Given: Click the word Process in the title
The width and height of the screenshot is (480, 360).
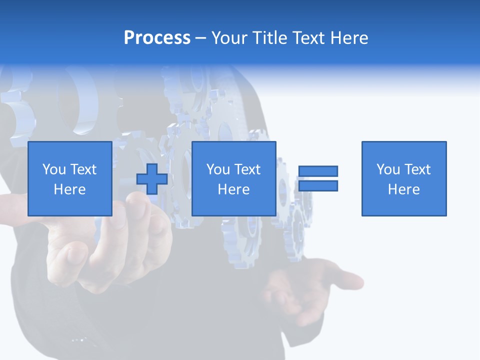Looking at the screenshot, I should [157, 38].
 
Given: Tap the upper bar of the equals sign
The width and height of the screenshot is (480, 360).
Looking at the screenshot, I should [318, 171].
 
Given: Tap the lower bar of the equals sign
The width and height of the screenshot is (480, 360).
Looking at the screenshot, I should [318, 186].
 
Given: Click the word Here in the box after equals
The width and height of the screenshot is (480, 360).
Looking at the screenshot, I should [404, 189].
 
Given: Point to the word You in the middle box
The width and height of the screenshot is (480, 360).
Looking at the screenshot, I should [218, 169].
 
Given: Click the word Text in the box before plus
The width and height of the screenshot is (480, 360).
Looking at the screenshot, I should [83, 169].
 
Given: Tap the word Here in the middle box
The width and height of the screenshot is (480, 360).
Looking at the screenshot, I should [233, 189].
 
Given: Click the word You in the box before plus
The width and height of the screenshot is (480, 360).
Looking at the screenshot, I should [54, 169].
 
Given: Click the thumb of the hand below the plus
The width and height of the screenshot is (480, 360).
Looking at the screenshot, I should [145, 210].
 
